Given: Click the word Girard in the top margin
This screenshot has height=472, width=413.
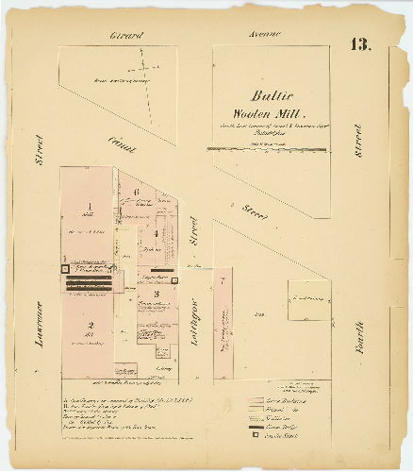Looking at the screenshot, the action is [x=125, y=35].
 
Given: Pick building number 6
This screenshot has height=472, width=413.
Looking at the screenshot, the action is [x=137, y=194].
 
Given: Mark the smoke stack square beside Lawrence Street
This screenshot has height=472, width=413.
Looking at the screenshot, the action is [x=64, y=269].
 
